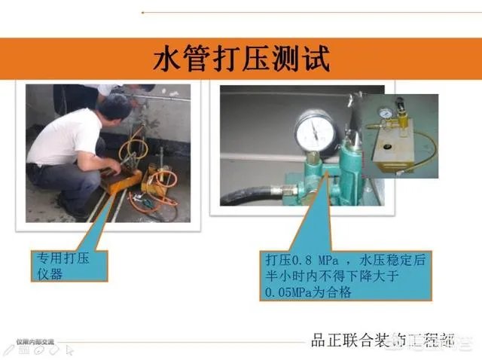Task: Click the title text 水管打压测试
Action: pos(240,57)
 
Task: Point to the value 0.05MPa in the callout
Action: pos(290,291)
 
